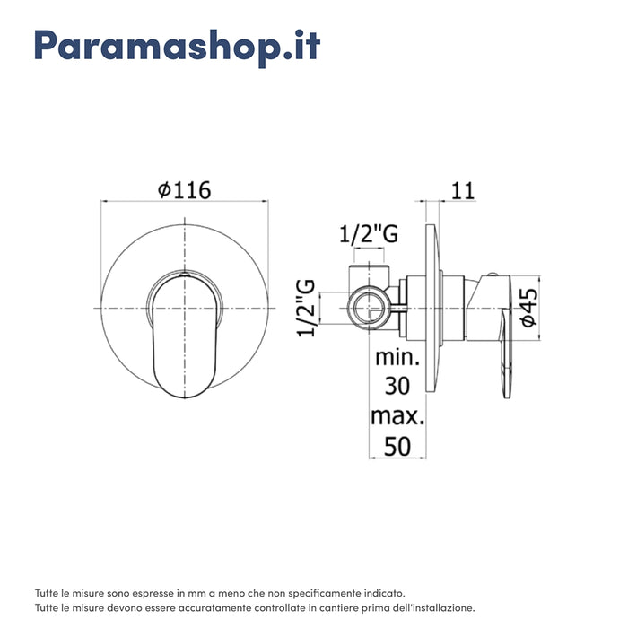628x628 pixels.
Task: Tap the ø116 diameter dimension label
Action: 183,190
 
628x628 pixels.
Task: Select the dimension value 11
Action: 463,190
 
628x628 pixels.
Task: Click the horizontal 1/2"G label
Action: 368,235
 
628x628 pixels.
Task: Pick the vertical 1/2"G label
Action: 307,308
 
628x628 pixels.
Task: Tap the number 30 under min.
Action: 397,388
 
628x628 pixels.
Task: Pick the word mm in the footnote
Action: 191,593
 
